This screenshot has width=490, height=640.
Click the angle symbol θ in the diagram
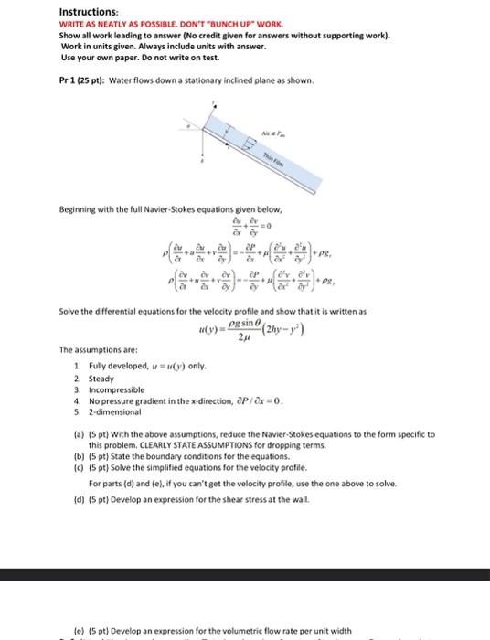(247, 144)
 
